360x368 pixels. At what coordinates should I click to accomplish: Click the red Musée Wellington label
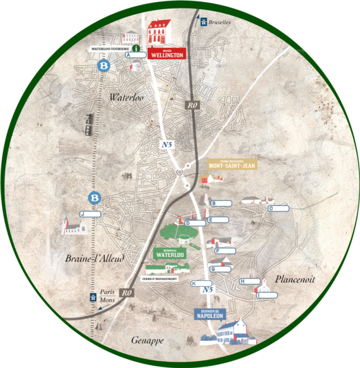[166, 53]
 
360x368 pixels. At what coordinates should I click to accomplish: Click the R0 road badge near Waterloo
[193, 105]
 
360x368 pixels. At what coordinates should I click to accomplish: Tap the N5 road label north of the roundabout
[167, 145]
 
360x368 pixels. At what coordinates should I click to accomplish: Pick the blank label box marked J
[91, 214]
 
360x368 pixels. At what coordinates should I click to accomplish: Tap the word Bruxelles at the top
[219, 22]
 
